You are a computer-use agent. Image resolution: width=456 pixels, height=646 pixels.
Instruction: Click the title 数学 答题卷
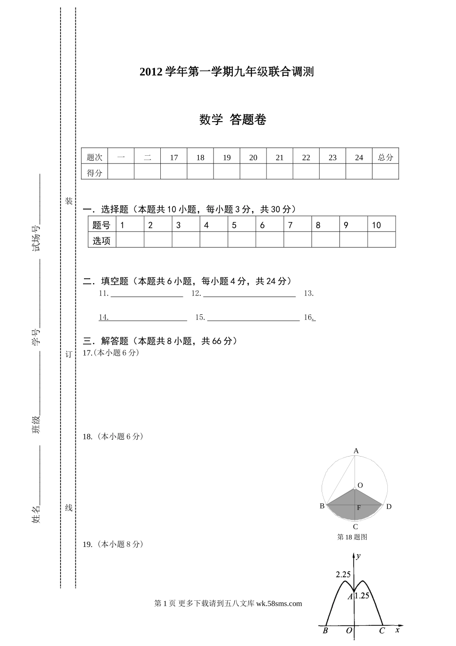[233, 120]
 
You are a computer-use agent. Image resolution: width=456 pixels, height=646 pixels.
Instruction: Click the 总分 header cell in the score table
[385, 157]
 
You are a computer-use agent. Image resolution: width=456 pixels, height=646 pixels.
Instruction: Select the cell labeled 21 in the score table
[279, 157]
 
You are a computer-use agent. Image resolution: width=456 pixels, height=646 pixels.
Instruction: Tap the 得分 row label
[95, 173]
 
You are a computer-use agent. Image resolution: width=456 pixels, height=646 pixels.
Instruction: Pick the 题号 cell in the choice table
[101, 225]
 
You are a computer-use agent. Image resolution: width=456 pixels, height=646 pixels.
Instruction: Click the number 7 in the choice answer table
[290, 225]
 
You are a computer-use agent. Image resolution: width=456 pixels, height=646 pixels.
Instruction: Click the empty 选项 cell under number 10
[382, 240]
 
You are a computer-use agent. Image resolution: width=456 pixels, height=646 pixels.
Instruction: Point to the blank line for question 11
[147, 294]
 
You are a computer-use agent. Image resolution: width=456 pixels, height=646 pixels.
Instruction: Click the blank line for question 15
[253, 317]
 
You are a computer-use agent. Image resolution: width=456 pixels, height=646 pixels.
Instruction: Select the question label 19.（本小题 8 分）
[113, 544]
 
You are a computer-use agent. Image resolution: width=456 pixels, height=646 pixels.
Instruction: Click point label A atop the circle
[356, 451]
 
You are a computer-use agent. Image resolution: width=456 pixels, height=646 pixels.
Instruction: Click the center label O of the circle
[360, 485]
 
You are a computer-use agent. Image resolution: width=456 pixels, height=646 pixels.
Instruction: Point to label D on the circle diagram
[389, 507]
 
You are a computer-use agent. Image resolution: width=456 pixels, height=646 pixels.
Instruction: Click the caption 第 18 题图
[352, 537]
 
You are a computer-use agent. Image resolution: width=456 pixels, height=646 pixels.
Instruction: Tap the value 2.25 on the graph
[343, 574]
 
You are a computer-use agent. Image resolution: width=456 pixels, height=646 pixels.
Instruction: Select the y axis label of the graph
[359, 556]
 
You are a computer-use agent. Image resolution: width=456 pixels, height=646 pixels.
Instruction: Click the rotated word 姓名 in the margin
[36, 514]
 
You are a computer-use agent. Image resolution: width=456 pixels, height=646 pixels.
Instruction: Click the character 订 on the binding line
[69, 354]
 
